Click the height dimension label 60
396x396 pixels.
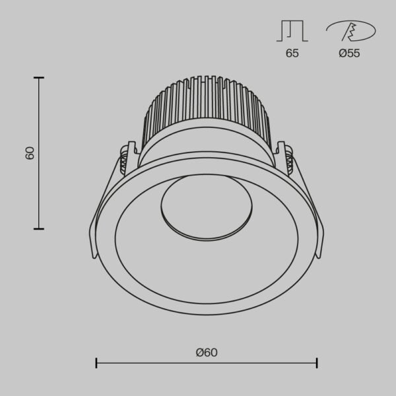(x=30, y=153)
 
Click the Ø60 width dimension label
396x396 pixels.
(x=207, y=352)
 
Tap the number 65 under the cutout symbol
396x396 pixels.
(x=292, y=53)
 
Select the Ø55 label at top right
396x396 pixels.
(x=349, y=53)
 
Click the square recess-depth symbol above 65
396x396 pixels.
(x=292, y=31)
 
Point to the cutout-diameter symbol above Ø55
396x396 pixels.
(x=349, y=31)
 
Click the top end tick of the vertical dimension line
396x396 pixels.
(x=40, y=78)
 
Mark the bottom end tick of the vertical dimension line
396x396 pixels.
(x=40, y=228)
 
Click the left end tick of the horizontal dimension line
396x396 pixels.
(x=97, y=362)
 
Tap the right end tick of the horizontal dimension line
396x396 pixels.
(x=317, y=362)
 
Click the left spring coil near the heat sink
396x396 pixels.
(x=124, y=160)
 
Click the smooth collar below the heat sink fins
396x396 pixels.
(x=206, y=145)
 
